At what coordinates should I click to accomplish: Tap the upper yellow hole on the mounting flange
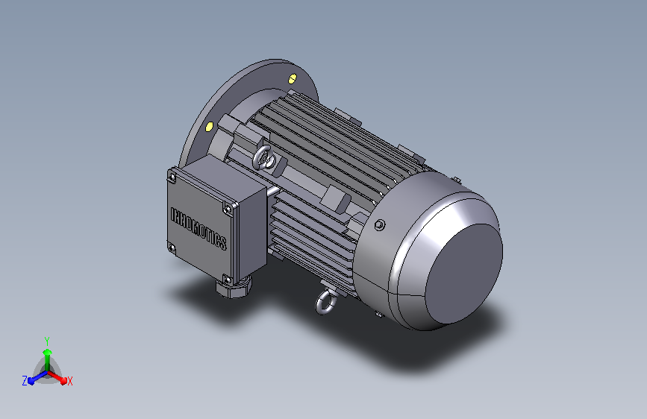(x=292, y=77)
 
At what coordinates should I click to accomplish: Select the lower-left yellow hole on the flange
(x=209, y=126)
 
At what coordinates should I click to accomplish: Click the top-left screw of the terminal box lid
(x=173, y=177)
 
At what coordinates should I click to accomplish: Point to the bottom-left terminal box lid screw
(x=172, y=248)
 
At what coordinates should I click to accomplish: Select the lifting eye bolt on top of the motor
(x=263, y=157)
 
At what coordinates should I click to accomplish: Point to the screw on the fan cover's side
(x=380, y=224)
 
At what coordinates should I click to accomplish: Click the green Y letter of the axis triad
(x=46, y=339)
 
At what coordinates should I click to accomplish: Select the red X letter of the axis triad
(x=69, y=381)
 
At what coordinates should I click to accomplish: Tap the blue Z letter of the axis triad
(x=25, y=380)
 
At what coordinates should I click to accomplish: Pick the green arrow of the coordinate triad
(x=47, y=354)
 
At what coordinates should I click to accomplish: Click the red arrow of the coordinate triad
(x=60, y=377)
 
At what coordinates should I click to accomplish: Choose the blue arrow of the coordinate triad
(x=34, y=377)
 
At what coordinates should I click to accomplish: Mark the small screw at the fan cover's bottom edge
(x=378, y=318)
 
